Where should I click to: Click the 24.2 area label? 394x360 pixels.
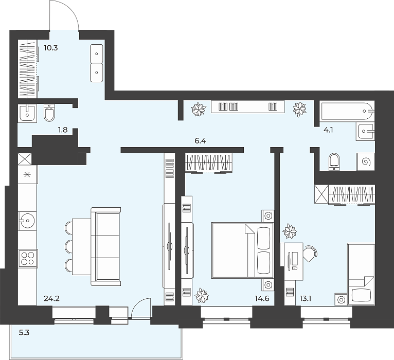coord(51,298)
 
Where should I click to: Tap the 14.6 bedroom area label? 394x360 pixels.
coord(262,298)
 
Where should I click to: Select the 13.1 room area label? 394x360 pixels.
coord(306,298)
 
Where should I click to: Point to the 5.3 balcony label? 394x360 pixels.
coord(24,333)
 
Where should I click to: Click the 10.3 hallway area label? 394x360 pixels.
coord(51,48)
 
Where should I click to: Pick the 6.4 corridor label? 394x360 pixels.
coord(200,141)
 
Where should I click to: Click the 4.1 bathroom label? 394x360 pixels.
coord(328,130)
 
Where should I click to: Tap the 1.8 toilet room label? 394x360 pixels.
coord(63,130)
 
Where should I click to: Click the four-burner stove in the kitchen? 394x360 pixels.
coord(28,259)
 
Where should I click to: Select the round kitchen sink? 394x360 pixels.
coord(27,221)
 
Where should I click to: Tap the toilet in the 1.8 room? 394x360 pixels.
coord(49,113)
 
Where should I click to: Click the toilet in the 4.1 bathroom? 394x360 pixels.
coord(334,161)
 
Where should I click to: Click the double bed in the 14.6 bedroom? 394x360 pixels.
coord(242,250)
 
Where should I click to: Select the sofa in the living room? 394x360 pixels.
coord(106,246)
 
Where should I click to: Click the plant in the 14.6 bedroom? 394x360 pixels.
coord(202,295)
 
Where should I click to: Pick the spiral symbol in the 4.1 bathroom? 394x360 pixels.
coord(365,162)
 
